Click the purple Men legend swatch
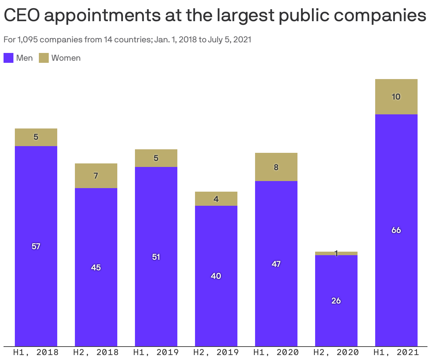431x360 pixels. click(8, 58)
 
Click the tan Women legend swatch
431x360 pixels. click(44, 58)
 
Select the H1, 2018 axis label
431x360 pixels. click(36, 352)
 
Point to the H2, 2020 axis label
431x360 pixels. click(336, 352)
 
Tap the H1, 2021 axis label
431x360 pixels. click(396, 352)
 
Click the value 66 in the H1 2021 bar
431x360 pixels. click(396, 230)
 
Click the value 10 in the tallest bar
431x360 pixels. click(396, 97)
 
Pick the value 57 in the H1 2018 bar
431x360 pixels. click(36, 246)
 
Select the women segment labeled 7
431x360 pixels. click(96, 176)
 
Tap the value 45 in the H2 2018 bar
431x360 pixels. click(96, 268)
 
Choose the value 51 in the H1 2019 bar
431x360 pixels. click(156, 257)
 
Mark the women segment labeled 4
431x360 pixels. click(216, 199)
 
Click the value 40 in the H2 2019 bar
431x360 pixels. click(216, 276)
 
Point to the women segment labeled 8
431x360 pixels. click(276, 167)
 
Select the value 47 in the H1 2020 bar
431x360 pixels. click(276, 264)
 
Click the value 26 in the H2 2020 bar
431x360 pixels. click(336, 301)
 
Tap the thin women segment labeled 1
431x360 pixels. click(336, 253)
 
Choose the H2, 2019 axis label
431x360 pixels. click(216, 352)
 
